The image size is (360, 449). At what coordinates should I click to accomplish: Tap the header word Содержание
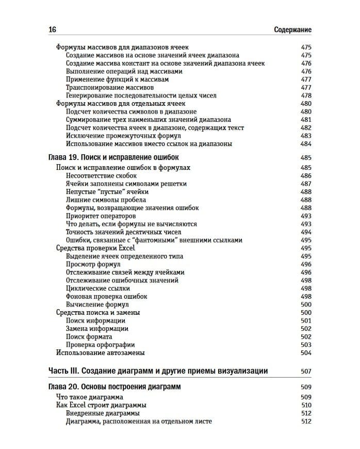(292, 30)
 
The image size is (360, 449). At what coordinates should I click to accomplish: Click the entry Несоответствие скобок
(101, 176)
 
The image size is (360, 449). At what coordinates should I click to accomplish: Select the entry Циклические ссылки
(98, 288)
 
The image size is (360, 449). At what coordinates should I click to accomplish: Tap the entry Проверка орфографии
(101, 345)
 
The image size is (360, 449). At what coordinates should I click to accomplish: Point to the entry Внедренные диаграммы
(103, 413)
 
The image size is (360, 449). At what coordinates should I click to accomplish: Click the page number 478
(306, 95)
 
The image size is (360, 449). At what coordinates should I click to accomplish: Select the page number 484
(306, 144)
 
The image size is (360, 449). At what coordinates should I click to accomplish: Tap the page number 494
(306, 232)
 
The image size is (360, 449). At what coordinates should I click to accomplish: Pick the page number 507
(306, 371)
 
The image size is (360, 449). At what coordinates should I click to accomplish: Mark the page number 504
(306, 353)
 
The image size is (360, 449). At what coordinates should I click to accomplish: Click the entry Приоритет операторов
(101, 216)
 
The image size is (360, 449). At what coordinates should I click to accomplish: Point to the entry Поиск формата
(89, 336)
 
